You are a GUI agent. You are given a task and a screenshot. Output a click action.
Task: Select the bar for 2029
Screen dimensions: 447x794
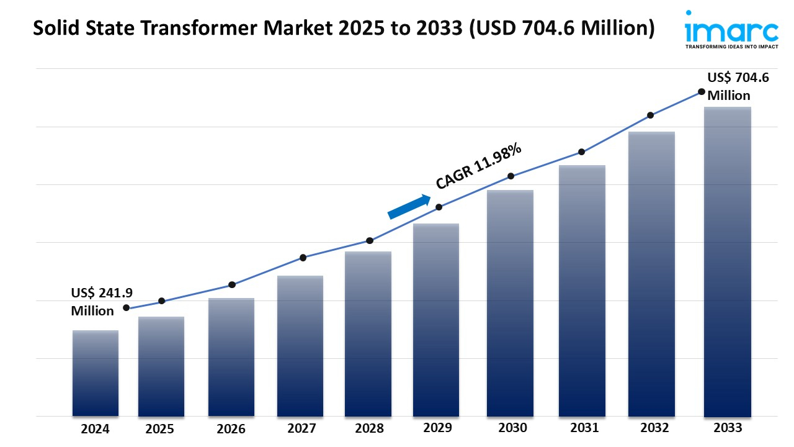[436, 320]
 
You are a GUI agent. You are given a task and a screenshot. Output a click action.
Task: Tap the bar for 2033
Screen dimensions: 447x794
[728, 261]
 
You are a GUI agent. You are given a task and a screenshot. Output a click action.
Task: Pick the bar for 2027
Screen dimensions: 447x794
[300, 345]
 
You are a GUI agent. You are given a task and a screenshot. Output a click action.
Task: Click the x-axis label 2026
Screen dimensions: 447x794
[231, 428]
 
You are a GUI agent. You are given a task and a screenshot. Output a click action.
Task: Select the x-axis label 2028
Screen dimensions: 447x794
[369, 428]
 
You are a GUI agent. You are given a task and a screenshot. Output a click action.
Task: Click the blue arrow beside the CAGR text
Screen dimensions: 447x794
[409, 207]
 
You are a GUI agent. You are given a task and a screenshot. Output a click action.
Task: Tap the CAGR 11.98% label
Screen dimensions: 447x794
[478, 166]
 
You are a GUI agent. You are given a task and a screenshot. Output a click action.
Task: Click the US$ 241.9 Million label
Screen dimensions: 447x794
[93, 302]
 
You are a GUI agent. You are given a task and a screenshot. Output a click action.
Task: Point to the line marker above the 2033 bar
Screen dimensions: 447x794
[702, 91]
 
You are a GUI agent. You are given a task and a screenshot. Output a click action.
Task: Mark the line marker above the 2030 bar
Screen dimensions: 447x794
[511, 176]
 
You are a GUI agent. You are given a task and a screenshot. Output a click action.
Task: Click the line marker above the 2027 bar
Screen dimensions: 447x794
[303, 258]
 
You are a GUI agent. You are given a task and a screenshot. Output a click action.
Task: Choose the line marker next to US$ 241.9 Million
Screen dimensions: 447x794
[127, 308]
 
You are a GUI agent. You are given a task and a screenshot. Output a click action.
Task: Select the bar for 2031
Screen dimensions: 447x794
[582, 291]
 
